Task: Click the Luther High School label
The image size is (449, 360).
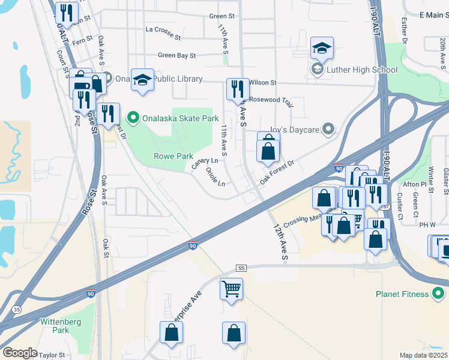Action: pyautogui.click(x=362, y=70)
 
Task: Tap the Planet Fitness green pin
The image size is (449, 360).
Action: pyautogui.click(x=439, y=294)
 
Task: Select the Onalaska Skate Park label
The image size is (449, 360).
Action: pyautogui.click(x=180, y=118)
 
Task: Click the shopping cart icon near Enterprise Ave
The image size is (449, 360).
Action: pyautogui.click(x=231, y=289)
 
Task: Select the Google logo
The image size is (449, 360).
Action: pyautogui.click(x=20, y=353)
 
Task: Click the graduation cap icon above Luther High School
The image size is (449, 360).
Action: pyautogui.click(x=322, y=48)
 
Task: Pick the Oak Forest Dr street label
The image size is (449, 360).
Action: pyautogui.click(x=277, y=172)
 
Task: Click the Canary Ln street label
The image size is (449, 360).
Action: pyautogui.click(x=205, y=161)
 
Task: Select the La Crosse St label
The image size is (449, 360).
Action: pyautogui.click(x=163, y=37)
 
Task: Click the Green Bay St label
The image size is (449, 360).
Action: pyautogui.click(x=176, y=55)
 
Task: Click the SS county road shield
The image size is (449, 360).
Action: pyautogui.click(x=242, y=268)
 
